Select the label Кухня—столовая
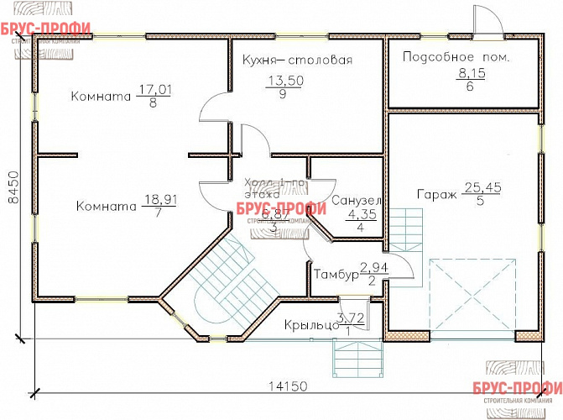(x=296, y=60)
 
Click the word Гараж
(x=436, y=195)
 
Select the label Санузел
(x=357, y=201)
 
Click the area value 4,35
(x=362, y=214)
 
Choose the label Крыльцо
(x=310, y=325)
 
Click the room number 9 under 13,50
(x=284, y=94)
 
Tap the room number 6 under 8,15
(x=470, y=87)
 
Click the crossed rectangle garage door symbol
(x=472, y=298)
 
